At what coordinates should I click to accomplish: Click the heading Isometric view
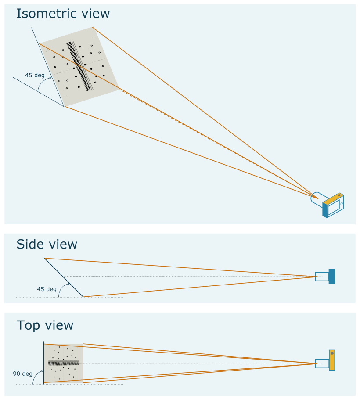63,14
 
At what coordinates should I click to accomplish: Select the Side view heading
47,244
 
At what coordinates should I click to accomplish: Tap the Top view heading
45,325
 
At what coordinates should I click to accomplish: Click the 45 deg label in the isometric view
35,75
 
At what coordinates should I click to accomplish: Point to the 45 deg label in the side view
47,289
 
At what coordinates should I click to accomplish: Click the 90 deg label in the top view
22,374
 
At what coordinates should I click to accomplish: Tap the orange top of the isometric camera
333,198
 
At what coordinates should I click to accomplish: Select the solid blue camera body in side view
331,276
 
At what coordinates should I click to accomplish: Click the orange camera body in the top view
332,360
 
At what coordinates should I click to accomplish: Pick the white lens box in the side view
322,277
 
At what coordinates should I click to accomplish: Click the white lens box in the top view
322,364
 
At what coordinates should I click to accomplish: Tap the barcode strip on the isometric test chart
81,66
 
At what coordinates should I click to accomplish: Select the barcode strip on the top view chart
63,364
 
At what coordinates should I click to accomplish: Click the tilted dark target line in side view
64,277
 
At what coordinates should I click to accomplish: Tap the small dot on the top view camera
332,353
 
